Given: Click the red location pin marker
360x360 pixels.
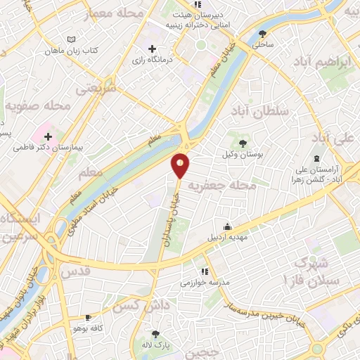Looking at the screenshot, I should click(181, 165).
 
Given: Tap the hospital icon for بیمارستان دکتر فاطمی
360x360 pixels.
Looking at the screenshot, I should click(48, 135).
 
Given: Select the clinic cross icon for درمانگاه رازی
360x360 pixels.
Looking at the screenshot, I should click(152, 48).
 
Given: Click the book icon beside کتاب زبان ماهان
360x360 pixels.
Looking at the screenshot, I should click(70, 39).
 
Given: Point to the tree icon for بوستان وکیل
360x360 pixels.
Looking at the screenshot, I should click(243, 143).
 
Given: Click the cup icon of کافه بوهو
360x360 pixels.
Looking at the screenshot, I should click(88, 318).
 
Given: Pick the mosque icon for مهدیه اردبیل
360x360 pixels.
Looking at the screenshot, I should click(227, 226).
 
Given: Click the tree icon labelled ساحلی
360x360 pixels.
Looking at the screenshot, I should click(263, 33).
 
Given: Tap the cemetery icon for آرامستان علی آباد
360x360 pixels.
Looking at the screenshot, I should click(317, 157).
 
